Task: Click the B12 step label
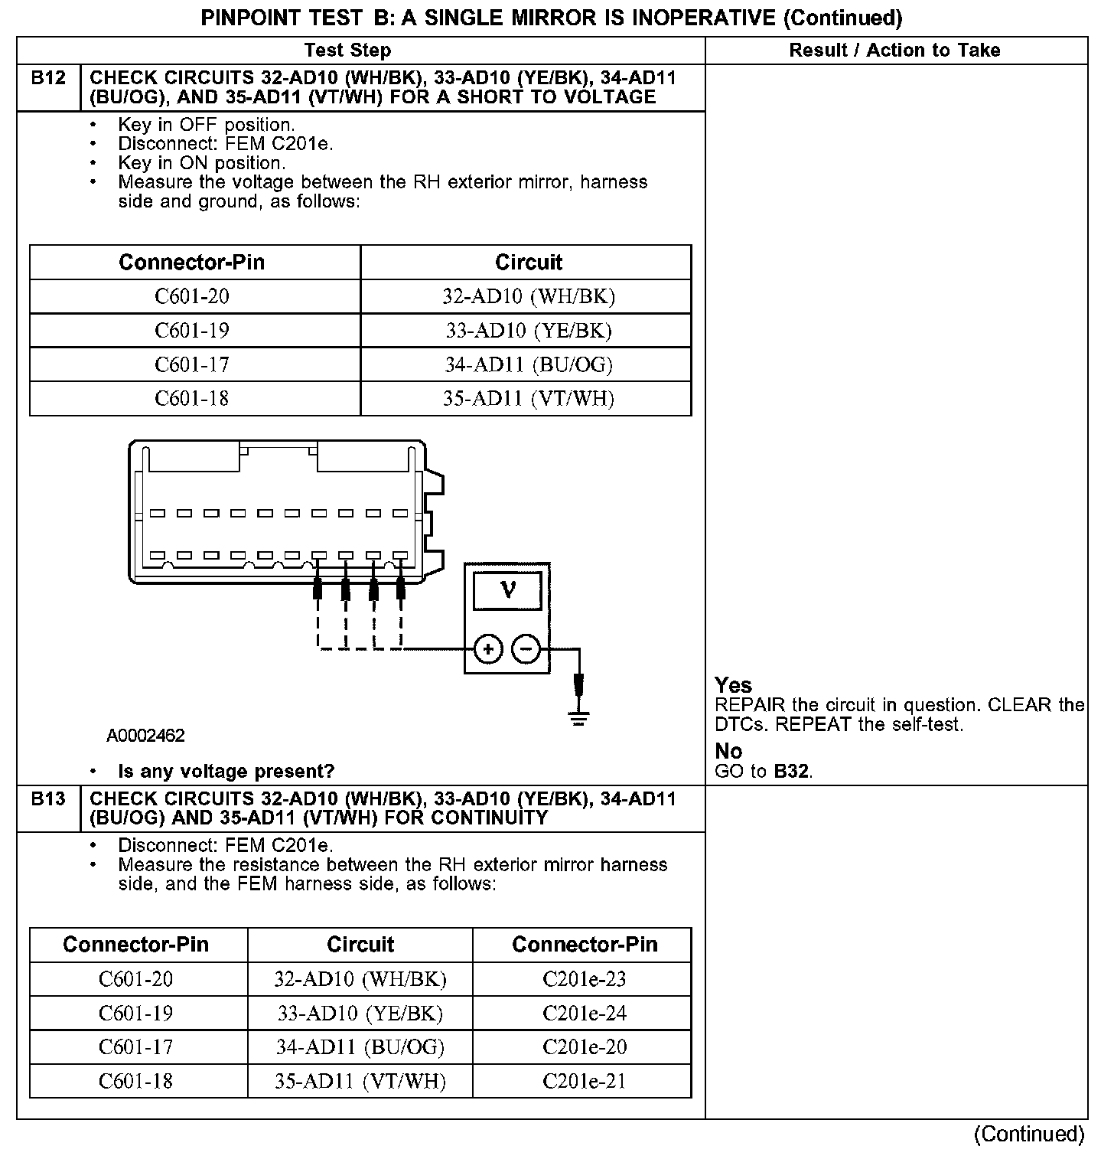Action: [x=48, y=78]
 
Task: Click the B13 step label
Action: [x=48, y=799]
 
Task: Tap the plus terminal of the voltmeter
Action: [x=488, y=649]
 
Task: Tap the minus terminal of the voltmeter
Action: [x=526, y=649]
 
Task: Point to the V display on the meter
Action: [x=507, y=590]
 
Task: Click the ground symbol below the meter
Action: [x=579, y=718]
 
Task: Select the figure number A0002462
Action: [x=145, y=736]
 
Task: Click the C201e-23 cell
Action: [x=584, y=979]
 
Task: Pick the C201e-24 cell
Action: [x=584, y=1013]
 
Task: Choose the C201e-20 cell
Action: [x=584, y=1046]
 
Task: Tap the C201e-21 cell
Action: [x=584, y=1081]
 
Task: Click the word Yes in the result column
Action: [x=733, y=685]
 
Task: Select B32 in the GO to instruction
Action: [x=791, y=771]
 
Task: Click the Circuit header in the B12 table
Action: [x=528, y=263]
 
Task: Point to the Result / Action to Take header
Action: [x=894, y=51]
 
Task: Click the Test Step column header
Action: [x=347, y=51]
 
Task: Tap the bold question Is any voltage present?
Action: [x=226, y=771]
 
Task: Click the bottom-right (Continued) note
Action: [x=1029, y=1134]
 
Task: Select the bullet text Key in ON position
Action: [x=202, y=163]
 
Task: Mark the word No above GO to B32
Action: [x=728, y=751]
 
